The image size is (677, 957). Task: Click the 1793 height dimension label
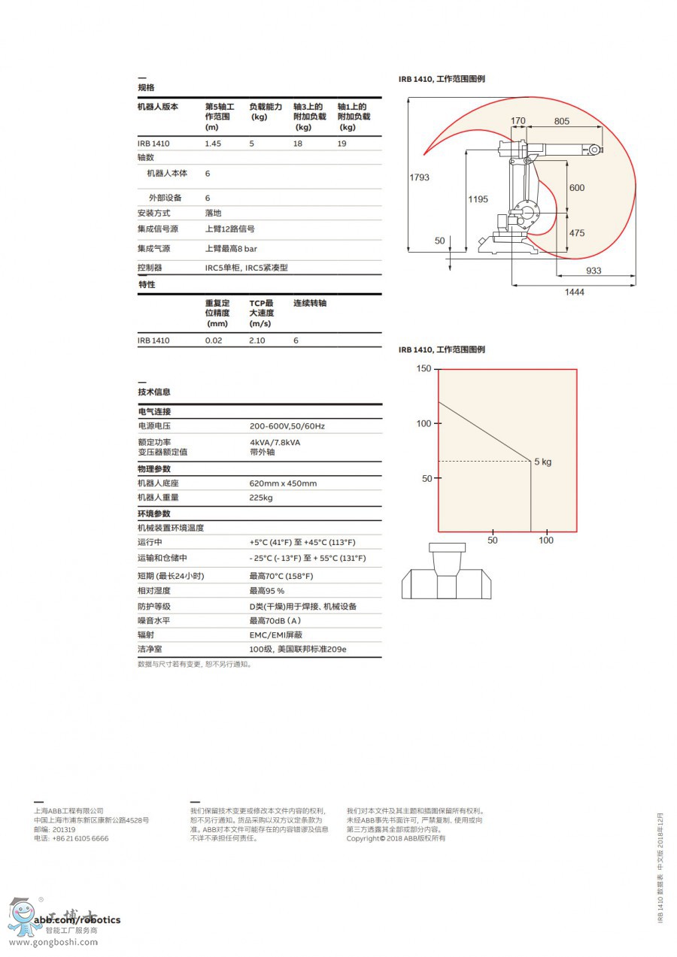click(419, 177)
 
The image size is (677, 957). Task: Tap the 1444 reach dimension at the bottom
click(575, 292)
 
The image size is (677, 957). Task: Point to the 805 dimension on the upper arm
click(561, 121)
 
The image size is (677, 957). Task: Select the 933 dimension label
click(594, 271)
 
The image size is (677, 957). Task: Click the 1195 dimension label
click(478, 199)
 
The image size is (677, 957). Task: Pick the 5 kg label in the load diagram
click(542, 462)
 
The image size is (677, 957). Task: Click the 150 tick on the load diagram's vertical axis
click(424, 368)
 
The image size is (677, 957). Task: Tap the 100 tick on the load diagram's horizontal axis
click(546, 541)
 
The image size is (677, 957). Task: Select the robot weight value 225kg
click(261, 498)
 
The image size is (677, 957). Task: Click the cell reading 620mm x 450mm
click(283, 483)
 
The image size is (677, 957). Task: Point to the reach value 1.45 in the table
click(214, 144)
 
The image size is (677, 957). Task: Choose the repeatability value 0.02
click(214, 341)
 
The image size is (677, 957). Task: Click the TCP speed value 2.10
click(257, 341)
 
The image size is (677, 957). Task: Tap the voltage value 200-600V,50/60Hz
click(287, 426)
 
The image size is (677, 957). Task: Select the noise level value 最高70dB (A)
click(275, 621)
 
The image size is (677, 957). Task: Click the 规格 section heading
click(146, 88)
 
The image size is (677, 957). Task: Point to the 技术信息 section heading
click(154, 392)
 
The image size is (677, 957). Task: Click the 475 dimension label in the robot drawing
click(576, 233)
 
